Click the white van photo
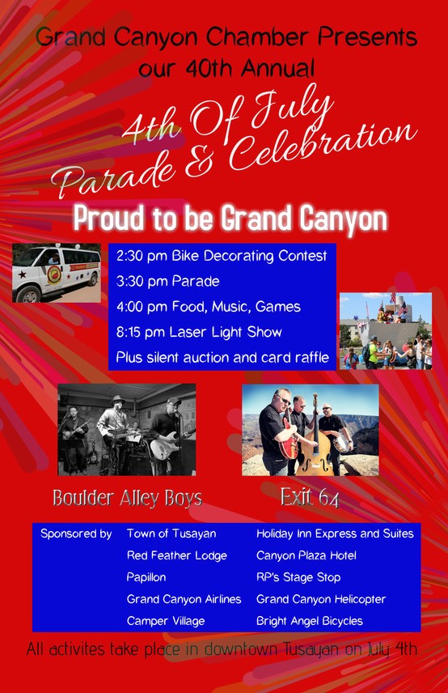point(57,273)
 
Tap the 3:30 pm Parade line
point(167,281)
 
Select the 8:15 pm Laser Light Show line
point(199,332)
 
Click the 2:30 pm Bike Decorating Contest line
point(222,256)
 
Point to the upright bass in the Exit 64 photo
point(315,442)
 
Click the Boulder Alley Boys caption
point(127,498)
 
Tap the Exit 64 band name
point(310,498)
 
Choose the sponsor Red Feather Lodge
point(176,555)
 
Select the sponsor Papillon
point(146,577)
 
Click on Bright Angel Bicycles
point(310,621)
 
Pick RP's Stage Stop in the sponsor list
point(298,577)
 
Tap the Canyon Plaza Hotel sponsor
point(306,555)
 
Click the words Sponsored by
point(76,534)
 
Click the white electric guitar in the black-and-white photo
point(167,446)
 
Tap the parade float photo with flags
point(385,331)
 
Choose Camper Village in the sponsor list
point(166,621)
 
